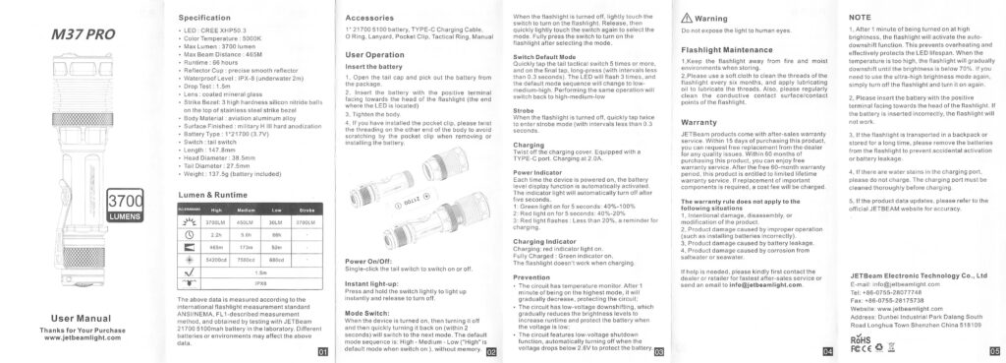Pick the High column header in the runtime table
[x=216, y=210]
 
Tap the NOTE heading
[x=860, y=18]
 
